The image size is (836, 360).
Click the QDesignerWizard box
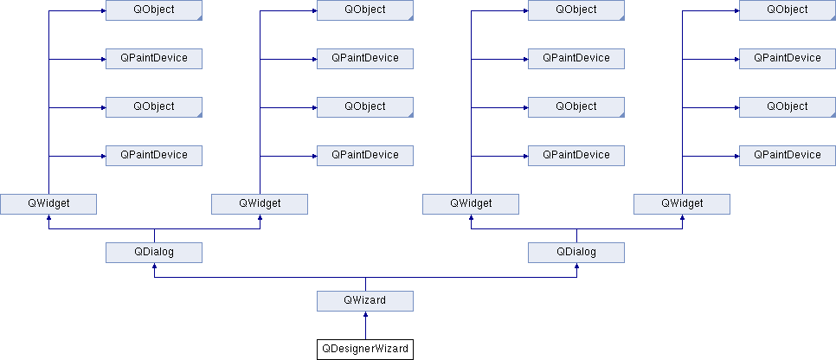(365, 350)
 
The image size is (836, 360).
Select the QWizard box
(365, 301)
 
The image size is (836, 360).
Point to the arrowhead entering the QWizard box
(365, 315)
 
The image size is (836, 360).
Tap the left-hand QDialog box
(154, 253)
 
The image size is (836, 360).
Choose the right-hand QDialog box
(576, 253)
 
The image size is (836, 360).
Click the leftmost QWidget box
(48, 203)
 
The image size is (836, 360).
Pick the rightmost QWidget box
(682, 203)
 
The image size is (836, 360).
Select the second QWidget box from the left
(260, 203)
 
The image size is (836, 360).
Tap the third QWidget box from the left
(471, 203)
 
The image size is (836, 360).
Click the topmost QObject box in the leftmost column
(154, 10)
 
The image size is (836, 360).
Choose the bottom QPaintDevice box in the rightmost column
(788, 155)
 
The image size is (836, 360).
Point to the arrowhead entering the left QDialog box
(154, 267)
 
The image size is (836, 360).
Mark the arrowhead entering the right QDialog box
(576, 267)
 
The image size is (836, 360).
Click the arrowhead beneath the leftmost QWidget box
(48, 217)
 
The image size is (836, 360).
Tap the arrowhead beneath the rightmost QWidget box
(682, 217)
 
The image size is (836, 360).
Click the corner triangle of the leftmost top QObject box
(200, 18)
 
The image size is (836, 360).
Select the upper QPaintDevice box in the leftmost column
(154, 58)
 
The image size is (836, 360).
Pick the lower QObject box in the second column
(365, 106)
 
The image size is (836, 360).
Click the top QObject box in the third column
(576, 10)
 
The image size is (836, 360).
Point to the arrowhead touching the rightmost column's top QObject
(736, 10)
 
